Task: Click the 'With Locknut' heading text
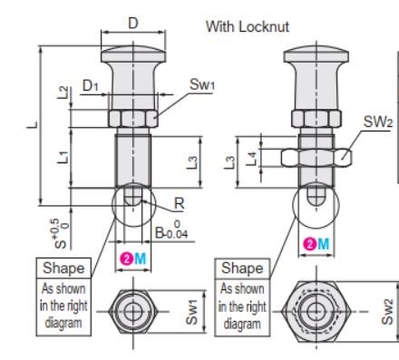click(248, 26)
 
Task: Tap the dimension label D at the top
click(133, 23)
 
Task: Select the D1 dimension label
click(91, 86)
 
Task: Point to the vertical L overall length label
click(33, 124)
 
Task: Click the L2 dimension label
click(63, 92)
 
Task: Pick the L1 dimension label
click(63, 157)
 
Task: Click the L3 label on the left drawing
click(192, 162)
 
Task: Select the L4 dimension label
click(251, 159)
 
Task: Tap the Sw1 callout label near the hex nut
click(202, 84)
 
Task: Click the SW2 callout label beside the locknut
click(378, 122)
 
